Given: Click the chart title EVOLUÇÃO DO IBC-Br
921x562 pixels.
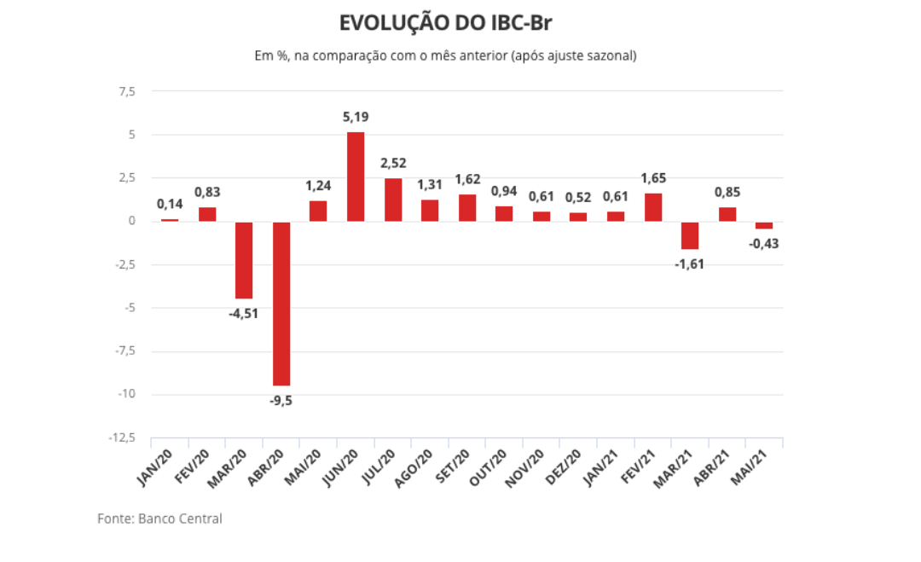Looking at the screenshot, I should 451,22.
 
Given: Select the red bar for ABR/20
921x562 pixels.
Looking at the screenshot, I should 281,304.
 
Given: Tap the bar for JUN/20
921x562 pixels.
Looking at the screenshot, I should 356,177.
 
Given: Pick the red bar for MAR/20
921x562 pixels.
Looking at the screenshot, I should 244,260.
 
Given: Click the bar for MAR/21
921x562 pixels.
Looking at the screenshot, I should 690,235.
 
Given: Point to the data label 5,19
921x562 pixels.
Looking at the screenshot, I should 356,118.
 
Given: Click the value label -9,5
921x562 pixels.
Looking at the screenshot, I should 281,401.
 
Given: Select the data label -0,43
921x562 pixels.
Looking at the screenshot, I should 764,243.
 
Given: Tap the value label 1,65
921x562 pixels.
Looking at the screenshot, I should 653,178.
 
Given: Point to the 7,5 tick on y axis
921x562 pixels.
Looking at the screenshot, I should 126,91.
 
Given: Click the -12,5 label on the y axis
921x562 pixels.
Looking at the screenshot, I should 121,437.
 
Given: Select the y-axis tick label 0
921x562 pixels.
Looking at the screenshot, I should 132,221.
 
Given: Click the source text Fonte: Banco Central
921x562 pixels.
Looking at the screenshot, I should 159,519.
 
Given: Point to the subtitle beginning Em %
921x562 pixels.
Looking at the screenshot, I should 445,55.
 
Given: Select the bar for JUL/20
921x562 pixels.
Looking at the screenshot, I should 393,200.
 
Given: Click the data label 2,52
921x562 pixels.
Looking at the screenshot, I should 393,162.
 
